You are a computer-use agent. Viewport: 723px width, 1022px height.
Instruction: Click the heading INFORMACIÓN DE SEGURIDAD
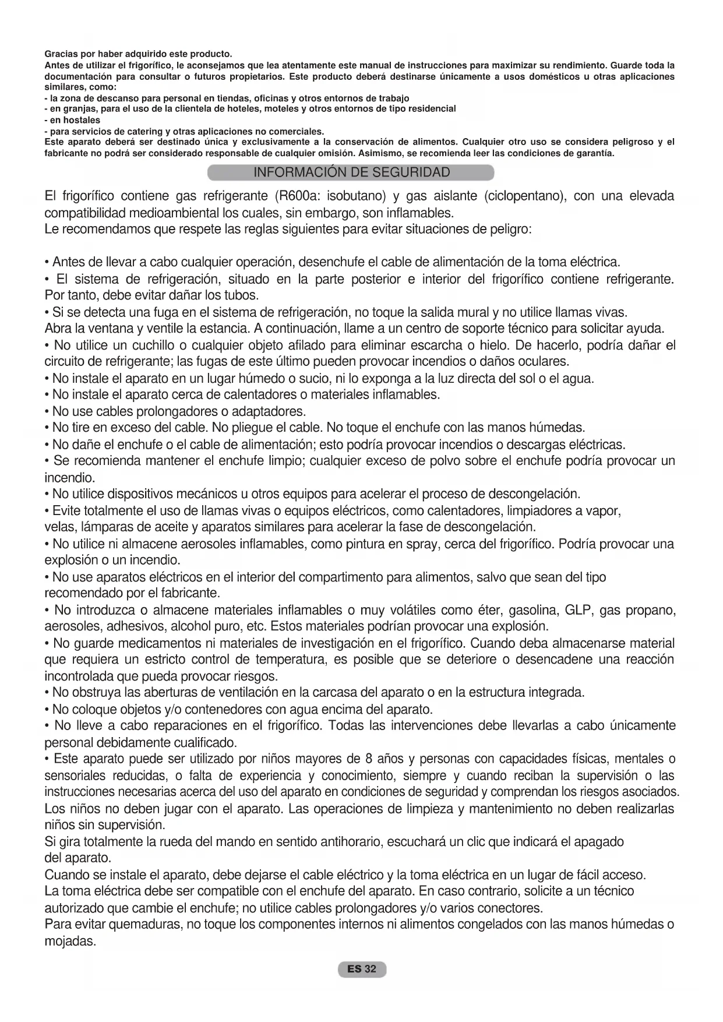pos(351,172)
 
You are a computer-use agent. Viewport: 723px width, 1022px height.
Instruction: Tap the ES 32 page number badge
pos(361,969)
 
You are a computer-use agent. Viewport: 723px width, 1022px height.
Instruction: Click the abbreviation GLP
pos(579,610)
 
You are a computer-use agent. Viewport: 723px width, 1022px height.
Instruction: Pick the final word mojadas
pos(69,941)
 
